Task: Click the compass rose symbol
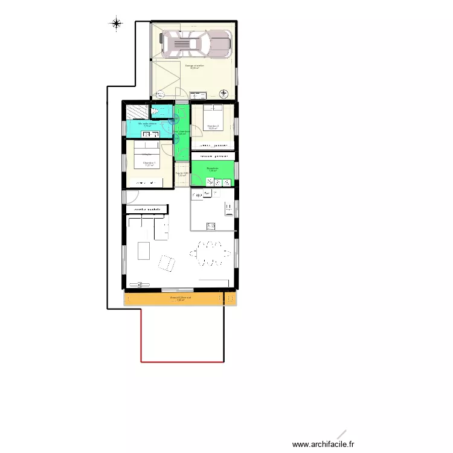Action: [116, 24]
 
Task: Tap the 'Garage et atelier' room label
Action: [194, 66]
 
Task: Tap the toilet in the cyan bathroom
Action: [161, 111]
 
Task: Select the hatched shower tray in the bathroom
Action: [138, 112]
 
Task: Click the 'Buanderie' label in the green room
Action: [212, 169]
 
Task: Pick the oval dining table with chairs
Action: [211, 253]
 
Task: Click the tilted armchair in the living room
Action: [167, 263]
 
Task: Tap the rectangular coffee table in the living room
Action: [144, 250]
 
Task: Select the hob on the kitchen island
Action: [211, 226]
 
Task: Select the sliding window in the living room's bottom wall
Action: [178, 289]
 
